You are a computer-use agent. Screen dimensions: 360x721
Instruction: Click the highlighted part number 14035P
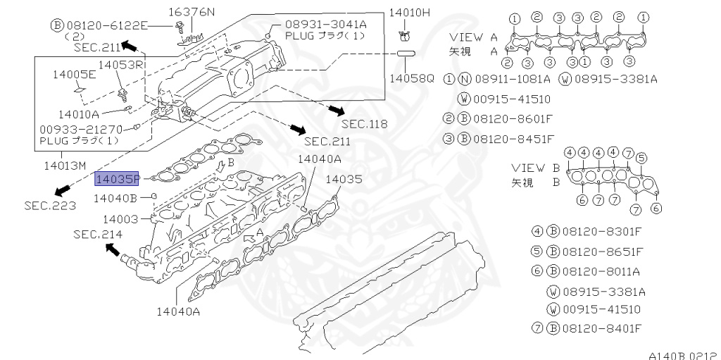pyautogui.click(x=118, y=179)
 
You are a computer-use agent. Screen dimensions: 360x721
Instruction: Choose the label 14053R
pyautogui.click(x=121, y=65)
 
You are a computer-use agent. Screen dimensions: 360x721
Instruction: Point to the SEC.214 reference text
pyautogui.click(x=96, y=234)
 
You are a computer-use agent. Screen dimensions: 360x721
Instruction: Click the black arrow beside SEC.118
pyautogui.click(x=337, y=111)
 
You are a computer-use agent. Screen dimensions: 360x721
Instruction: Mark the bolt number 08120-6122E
pyautogui.click(x=106, y=25)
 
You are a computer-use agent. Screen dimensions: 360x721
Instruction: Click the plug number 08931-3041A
pyautogui.click(x=326, y=23)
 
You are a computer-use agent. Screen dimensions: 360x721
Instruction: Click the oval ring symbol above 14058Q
pyautogui.click(x=406, y=54)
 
